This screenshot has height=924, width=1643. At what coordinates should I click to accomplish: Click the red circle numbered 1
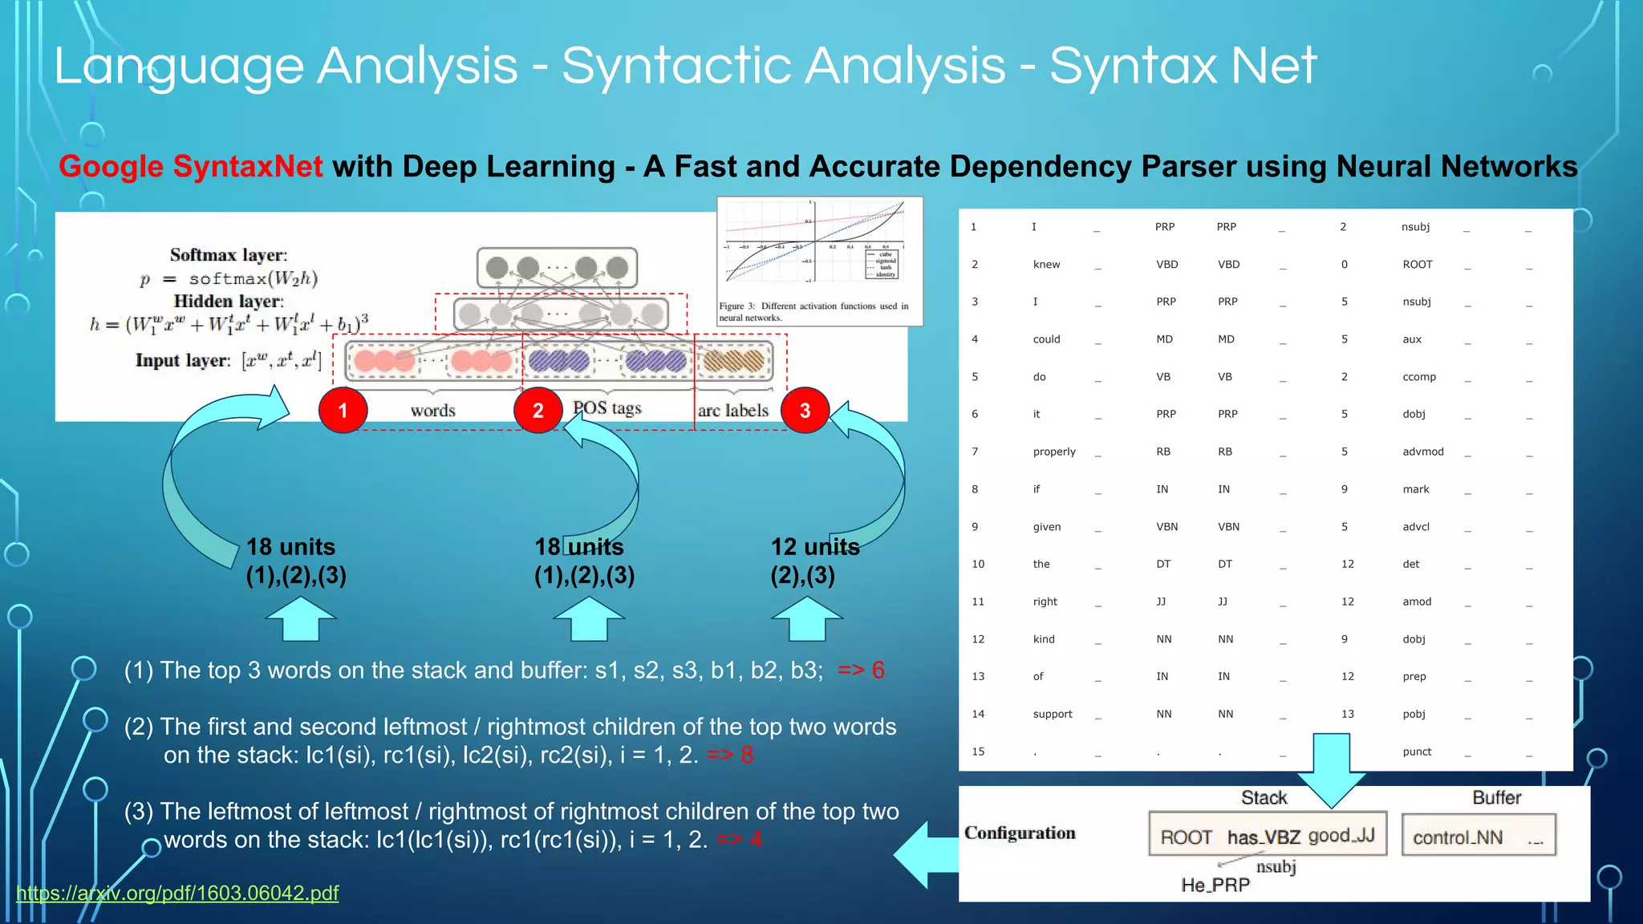[x=343, y=411]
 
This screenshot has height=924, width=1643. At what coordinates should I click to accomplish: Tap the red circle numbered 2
[x=538, y=411]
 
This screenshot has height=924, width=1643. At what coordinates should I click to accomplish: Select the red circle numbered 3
[x=805, y=411]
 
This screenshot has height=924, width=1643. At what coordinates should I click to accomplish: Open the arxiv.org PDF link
[x=177, y=893]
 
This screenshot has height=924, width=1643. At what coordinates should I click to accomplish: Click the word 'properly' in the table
[x=1054, y=452]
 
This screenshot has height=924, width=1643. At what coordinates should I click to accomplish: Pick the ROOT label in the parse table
[x=1417, y=265]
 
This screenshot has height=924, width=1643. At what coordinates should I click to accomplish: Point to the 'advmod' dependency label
[x=1422, y=452]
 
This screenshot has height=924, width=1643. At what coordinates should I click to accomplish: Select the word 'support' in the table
[x=1053, y=714]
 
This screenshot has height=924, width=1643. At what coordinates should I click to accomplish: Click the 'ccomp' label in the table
[x=1419, y=377]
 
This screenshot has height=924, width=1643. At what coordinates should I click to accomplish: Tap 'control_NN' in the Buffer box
[x=1458, y=837]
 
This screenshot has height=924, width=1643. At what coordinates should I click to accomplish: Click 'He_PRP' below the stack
[x=1215, y=885]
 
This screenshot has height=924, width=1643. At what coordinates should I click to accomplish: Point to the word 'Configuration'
[x=1020, y=833]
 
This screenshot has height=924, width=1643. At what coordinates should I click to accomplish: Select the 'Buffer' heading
[x=1496, y=797]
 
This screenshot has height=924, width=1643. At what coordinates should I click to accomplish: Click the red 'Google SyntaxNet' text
[x=191, y=167]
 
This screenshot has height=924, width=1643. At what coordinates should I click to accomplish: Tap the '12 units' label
[x=815, y=547]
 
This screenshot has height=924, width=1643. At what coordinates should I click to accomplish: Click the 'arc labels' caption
[x=732, y=411]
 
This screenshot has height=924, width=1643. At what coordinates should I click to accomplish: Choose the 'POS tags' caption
[x=607, y=408]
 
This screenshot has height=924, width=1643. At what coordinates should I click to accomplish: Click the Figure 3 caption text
[x=813, y=311]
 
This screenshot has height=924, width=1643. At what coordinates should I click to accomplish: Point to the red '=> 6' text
[x=861, y=671]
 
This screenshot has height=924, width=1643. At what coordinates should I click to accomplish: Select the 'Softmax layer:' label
[x=229, y=255]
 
